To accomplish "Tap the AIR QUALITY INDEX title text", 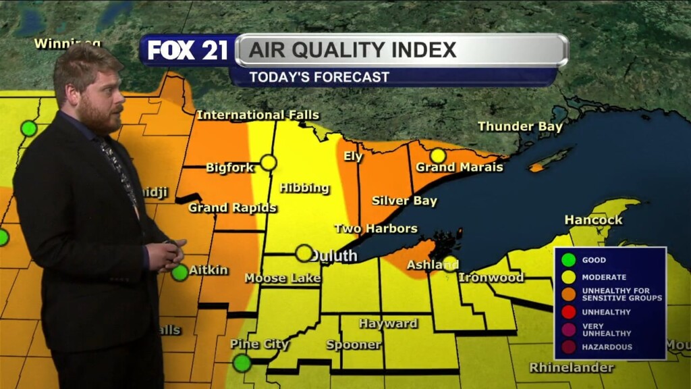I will click(353, 50).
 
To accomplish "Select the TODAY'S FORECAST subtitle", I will click(319, 77).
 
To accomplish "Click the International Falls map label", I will click(258, 115).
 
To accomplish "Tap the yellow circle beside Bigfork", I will click(269, 162).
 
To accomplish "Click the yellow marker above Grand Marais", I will click(438, 155).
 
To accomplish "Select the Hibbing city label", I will click(304, 188).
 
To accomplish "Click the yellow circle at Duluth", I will click(304, 253).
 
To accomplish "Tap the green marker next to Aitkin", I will click(179, 273).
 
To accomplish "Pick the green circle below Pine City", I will click(242, 363).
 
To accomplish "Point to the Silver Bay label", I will click(404, 201).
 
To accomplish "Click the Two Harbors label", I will click(376, 228).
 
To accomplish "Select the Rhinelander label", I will click(572, 367).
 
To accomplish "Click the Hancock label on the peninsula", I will click(593, 220).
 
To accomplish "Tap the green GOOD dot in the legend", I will click(570, 259).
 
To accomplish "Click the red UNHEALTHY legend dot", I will click(570, 312).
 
